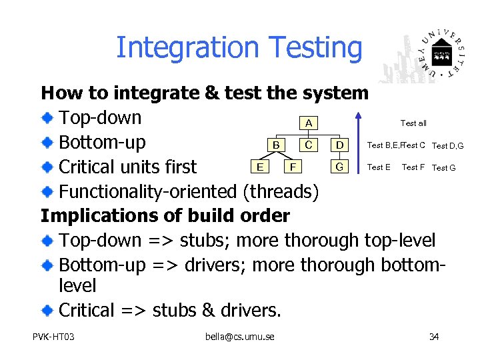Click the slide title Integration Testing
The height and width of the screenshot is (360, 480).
(239, 48)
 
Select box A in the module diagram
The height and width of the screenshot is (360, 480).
(307, 123)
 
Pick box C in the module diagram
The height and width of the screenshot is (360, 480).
(307, 145)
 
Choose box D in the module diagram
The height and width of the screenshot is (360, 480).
(340, 145)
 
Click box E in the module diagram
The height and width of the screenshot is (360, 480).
(259, 167)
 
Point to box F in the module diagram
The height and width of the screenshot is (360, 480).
(291, 167)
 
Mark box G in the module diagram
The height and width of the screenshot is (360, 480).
(340, 167)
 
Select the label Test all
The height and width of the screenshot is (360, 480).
(413, 123)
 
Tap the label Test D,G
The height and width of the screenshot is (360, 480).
(447, 146)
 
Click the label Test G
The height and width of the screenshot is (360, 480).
(444, 168)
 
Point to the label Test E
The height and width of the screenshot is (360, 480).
(379, 167)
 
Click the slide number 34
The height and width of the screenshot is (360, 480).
(434, 336)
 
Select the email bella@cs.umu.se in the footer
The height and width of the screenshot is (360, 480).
(240, 336)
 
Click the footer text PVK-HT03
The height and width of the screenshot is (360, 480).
(53, 336)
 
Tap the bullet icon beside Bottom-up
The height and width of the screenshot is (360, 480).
(49, 143)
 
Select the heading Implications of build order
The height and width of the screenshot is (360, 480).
(165, 216)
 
